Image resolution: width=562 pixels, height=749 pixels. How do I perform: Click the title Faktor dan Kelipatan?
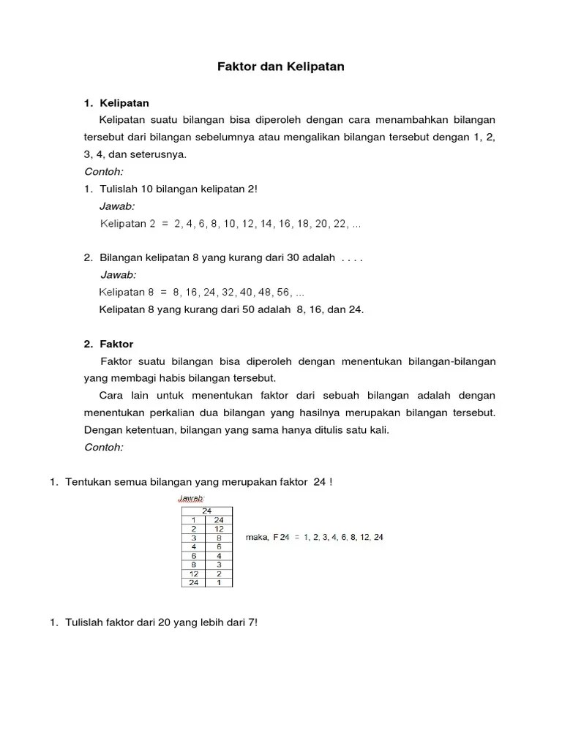[x=281, y=67]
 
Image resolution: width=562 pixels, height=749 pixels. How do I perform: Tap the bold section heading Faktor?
[x=119, y=344]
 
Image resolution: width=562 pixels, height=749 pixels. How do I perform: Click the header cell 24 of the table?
[x=206, y=511]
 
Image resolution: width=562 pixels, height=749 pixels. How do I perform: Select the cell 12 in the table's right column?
[x=218, y=528]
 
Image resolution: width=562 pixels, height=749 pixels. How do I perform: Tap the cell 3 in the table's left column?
[x=193, y=537]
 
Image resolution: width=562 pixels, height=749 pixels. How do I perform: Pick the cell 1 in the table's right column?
[x=218, y=582]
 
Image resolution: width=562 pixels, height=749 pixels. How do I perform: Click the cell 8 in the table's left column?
[x=193, y=564]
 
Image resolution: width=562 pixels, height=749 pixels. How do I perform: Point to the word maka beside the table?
[x=256, y=537]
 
